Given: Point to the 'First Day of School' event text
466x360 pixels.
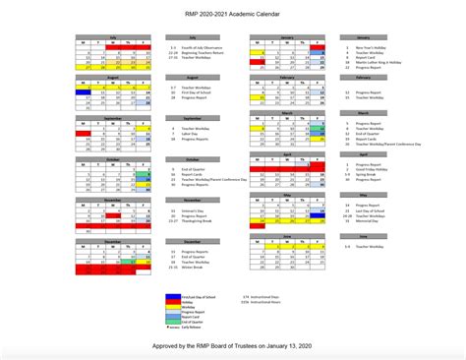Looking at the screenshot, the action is [193, 92].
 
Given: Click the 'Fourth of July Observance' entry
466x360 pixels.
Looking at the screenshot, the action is [195, 46].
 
